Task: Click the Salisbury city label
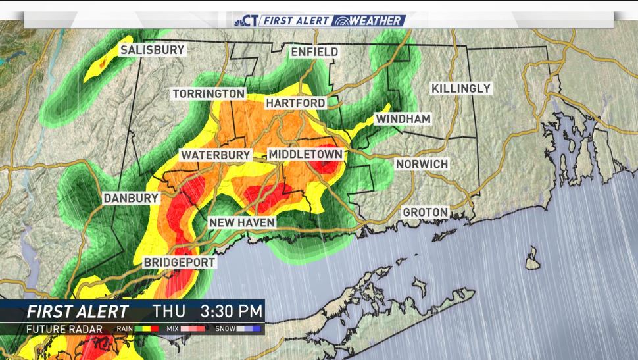click(152, 50)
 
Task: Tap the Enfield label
click(314, 51)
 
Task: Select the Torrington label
click(209, 94)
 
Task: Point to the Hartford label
click(295, 103)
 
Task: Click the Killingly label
click(460, 88)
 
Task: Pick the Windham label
click(403, 119)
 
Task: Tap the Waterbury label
click(216, 155)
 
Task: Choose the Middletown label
click(305, 155)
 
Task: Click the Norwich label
click(422, 164)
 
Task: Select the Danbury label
click(131, 198)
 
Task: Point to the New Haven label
click(241, 223)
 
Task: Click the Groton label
click(425, 213)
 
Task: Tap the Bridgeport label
click(180, 263)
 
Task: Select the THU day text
click(169, 310)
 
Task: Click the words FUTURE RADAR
click(64, 328)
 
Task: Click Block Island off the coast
click(533, 258)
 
